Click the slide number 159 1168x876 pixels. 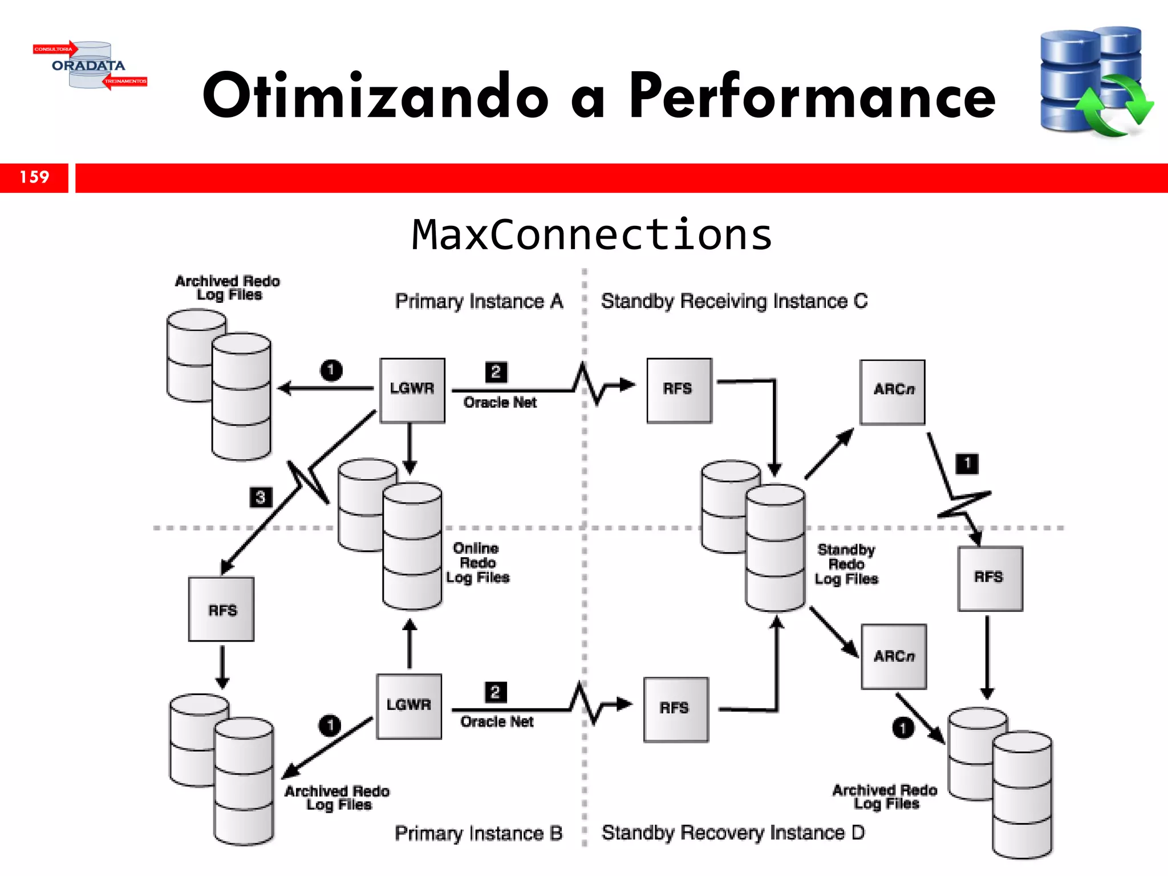coord(34,177)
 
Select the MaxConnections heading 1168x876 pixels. coord(592,235)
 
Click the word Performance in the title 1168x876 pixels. coord(812,96)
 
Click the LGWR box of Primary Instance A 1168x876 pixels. coord(412,390)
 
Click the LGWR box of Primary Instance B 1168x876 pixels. coord(408,706)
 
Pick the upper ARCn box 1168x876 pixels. coord(893,392)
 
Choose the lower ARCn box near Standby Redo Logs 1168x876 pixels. coord(894,656)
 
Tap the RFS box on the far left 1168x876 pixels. coord(222,610)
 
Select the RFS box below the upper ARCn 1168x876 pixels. coord(990,578)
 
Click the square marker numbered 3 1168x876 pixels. coord(261,497)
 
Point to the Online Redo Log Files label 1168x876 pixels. coord(477,563)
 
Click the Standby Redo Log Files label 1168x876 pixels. coord(846,565)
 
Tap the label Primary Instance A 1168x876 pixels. coord(478,301)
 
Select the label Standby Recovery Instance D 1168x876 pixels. coord(733,833)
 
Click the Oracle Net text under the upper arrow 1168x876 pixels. coord(500,403)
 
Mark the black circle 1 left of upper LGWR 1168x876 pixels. coord(331,370)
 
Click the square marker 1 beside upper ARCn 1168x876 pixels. coord(967,463)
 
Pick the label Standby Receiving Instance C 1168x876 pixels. coord(734,301)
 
